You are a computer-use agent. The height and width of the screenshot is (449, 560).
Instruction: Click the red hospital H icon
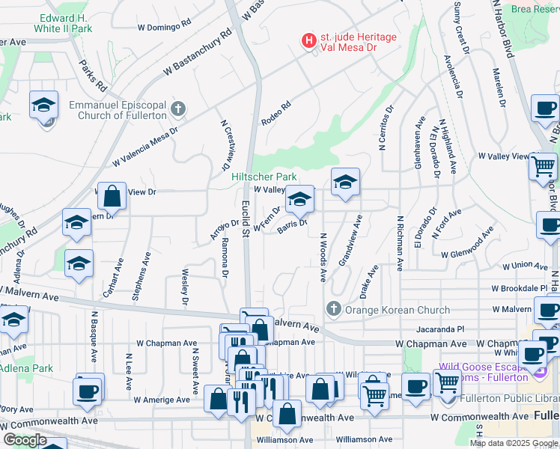point(307,40)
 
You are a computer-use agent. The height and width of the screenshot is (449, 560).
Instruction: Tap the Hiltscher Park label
point(260,177)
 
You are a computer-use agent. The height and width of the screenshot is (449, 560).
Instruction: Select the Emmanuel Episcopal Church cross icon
point(177,110)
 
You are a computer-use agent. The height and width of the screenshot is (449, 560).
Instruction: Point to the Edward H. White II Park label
point(67,22)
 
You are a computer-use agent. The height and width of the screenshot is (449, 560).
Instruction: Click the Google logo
point(25,440)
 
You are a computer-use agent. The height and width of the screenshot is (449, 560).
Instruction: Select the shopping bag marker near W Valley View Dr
point(112,198)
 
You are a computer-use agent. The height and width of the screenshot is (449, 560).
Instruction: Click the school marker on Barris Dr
point(299,200)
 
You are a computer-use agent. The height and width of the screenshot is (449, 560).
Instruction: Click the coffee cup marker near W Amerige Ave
point(89,389)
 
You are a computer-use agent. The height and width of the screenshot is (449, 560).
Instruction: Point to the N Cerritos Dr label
point(386,129)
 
